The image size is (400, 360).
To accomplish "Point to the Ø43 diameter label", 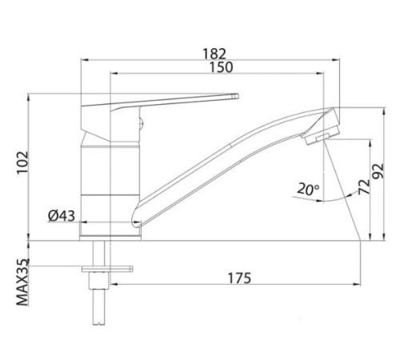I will (x=62, y=216).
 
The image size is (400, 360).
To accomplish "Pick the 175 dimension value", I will (x=236, y=278).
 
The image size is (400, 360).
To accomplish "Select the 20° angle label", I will (x=307, y=190).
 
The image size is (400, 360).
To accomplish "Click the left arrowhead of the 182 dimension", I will (x=83, y=59).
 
